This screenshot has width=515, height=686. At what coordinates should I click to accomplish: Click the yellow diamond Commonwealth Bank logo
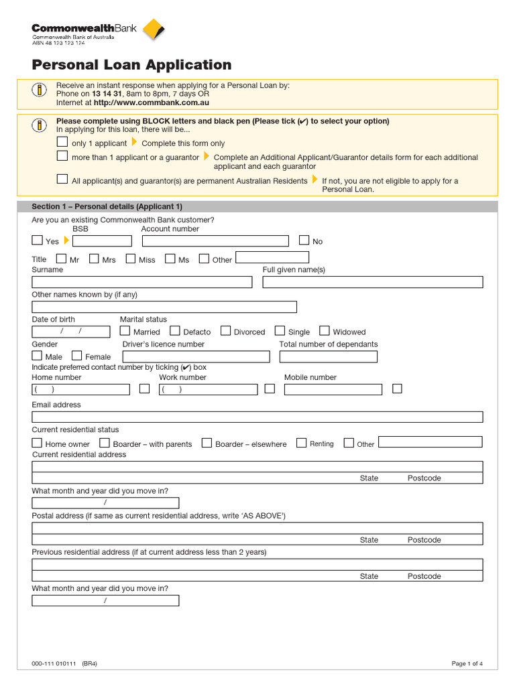tap(154, 30)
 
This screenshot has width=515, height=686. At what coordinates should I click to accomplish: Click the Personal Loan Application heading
tap(131, 65)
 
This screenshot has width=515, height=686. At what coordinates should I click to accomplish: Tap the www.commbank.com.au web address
tap(152, 102)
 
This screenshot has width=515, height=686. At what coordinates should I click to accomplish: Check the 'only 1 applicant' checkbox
tap(62, 142)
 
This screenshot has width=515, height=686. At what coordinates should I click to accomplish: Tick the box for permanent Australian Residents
tap(62, 179)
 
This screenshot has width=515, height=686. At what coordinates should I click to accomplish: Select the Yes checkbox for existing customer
tap(37, 240)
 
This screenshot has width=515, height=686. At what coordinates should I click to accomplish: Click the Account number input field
tap(215, 241)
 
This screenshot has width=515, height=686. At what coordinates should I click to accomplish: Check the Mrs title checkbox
tap(94, 259)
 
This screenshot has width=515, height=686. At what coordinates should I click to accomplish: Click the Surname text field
tap(142, 282)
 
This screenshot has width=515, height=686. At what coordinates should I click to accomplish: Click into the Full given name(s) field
tap(372, 282)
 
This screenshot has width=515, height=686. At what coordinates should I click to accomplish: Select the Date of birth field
tap(71, 332)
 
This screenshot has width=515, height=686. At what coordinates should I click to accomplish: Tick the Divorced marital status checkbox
tap(225, 331)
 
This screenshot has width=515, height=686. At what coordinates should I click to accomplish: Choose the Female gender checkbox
tap(77, 356)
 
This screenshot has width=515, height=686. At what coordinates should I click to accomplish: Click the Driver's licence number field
tap(196, 356)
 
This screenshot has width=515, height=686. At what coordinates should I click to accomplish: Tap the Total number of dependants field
tap(328, 356)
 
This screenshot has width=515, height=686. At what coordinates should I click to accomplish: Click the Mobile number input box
tap(333, 389)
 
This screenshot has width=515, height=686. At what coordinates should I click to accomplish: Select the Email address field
tap(257, 417)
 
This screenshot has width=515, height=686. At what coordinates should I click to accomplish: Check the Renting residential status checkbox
tap(302, 443)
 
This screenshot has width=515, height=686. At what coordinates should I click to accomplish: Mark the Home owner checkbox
tap(37, 443)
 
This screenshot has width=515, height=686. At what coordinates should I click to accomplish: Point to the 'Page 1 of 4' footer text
tap(467, 664)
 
